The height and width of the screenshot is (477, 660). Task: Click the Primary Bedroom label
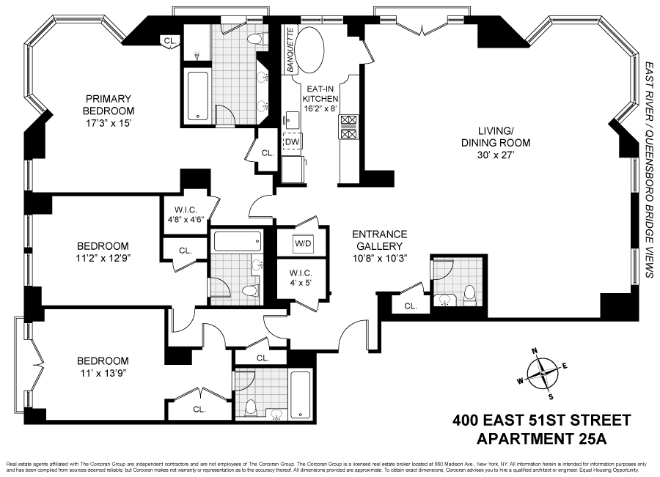[108, 106]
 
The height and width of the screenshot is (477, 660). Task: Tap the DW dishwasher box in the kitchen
[292, 141]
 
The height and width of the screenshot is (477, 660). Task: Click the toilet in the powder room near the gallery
[469, 295]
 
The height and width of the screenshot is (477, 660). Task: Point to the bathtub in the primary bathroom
[199, 95]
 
